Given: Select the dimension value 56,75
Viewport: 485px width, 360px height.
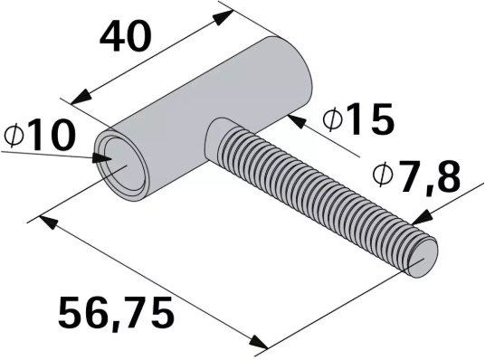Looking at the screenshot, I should (115, 314).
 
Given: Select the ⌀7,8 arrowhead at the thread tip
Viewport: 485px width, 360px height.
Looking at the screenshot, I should (417, 220).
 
